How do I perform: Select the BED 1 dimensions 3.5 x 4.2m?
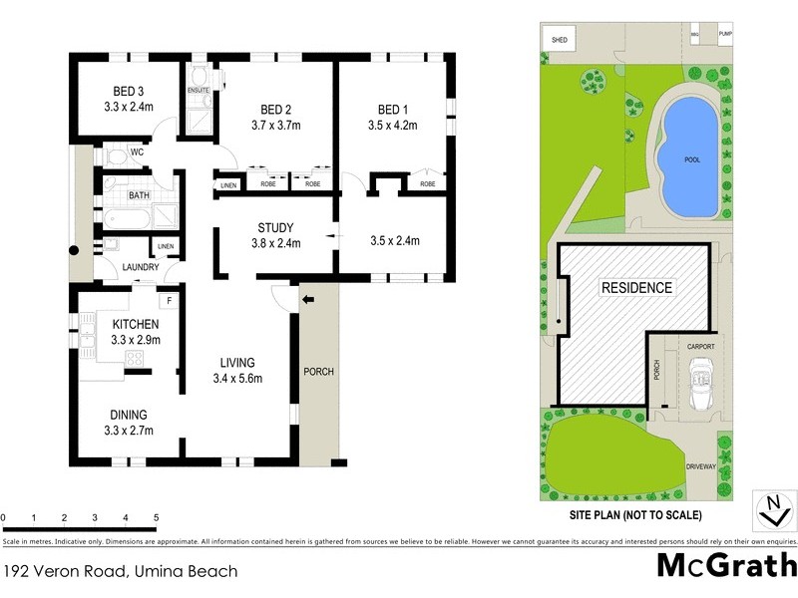[x=392, y=126]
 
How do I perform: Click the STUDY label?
[x=274, y=225]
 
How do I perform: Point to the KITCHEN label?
[x=136, y=324]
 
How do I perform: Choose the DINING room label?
[x=129, y=415]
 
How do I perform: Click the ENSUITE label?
[x=198, y=91]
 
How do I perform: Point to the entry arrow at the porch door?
[x=307, y=298]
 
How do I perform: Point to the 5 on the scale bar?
[x=156, y=518]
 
